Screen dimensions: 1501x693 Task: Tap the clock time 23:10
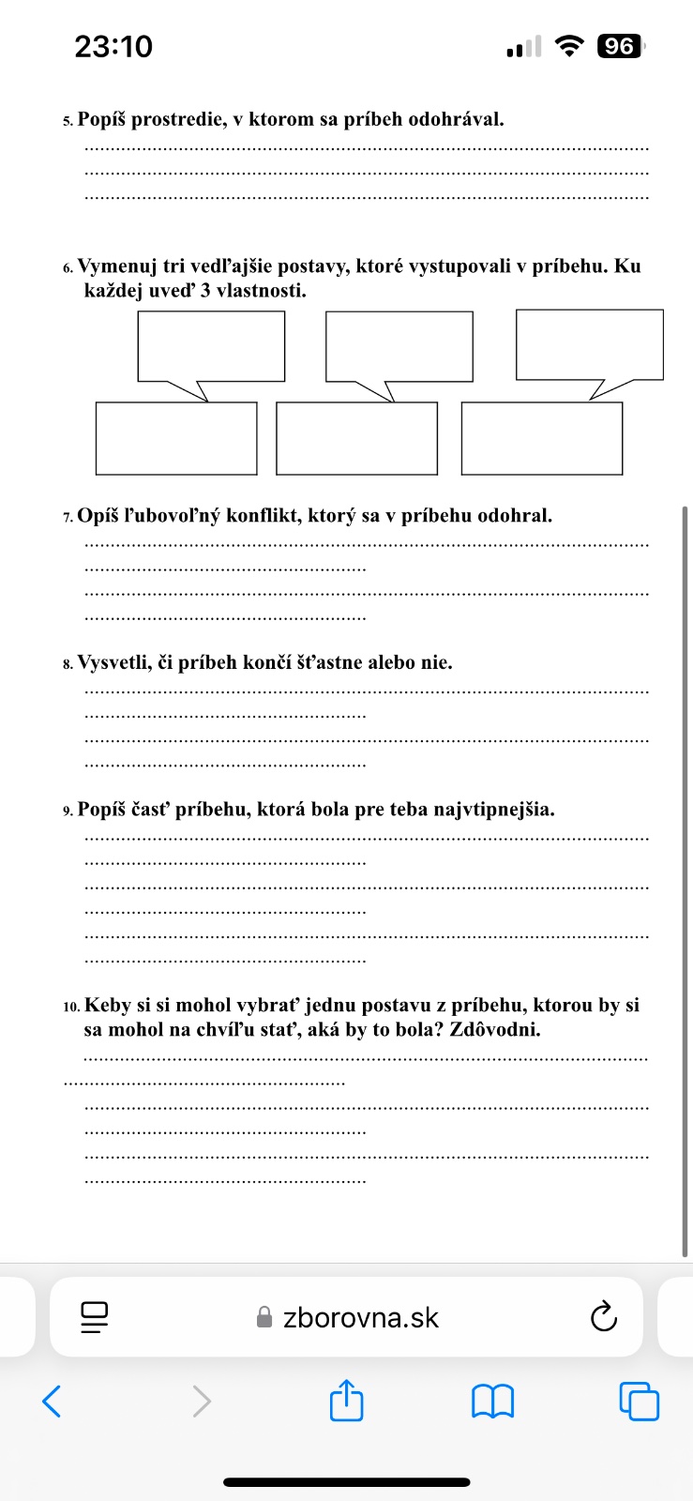click(x=113, y=46)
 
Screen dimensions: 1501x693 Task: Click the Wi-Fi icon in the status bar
click(x=568, y=45)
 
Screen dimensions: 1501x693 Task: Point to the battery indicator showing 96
click(x=620, y=46)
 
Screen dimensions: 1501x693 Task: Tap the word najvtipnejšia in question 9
click(x=493, y=809)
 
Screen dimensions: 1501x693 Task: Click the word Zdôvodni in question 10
click(x=495, y=1029)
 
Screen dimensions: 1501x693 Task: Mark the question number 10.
click(x=71, y=1007)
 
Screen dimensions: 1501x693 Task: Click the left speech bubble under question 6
click(x=211, y=347)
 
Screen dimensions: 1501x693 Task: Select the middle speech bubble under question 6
click(x=399, y=347)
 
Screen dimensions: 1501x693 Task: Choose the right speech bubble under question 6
click(x=590, y=345)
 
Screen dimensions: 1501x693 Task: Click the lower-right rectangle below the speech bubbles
click(x=541, y=438)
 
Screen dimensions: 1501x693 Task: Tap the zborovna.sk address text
click(x=360, y=1318)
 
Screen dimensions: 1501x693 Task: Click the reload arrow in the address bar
click(x=604, y=1317)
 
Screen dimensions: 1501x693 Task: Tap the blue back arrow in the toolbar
click(x=53, y=1402)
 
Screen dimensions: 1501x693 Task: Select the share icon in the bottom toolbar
click(x=346, y=1401)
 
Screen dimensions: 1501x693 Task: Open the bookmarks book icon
click(x=492, y=1402)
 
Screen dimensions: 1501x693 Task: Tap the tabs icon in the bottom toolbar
click(x=640, y=1402)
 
